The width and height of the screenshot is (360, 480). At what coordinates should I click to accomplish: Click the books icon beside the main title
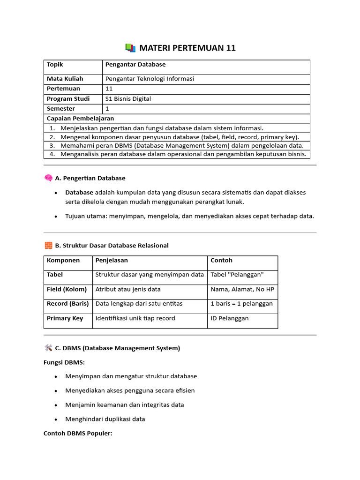click(x=130, y=48)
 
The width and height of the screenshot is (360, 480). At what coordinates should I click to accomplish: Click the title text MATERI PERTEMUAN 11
click(x=187, y=48)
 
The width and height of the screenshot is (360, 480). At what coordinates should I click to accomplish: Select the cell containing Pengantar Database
click(x=135, y=65)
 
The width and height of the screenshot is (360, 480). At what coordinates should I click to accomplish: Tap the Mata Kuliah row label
click(x=65, y=79)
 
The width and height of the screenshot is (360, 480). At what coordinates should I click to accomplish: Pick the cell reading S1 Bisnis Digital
click(x=128, y=99)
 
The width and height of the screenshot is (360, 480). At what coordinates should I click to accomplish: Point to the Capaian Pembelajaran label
click(x=80, y=119)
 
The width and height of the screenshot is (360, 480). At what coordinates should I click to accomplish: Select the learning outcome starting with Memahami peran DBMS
click(x=182, y=146)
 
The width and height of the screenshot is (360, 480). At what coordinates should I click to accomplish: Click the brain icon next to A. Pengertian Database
click(x=48, y=178)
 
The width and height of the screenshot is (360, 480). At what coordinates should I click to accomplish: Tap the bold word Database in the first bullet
click(x=79, y=192)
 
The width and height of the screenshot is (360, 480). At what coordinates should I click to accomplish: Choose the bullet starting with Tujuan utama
click(x=189, y=216)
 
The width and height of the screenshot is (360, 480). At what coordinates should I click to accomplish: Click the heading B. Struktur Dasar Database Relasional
click(x=112, y=245)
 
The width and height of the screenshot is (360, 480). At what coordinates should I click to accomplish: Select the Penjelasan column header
click(x=112, y=261)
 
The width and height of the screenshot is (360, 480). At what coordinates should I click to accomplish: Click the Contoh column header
click(x=221, y=261)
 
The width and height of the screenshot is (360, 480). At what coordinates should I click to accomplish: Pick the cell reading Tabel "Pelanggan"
click(x=237, y=275)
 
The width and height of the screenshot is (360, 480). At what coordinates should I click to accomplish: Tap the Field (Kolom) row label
click(x=67, y=290)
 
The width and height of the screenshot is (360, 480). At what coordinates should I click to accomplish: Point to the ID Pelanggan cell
click(x=230, y=319)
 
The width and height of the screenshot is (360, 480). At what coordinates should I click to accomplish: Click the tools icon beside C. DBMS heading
click(x=48, y=348)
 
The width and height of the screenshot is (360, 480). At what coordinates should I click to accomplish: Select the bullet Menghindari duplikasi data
click(x=105, y=419)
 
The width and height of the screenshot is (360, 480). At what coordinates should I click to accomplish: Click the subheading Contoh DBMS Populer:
click(x=78, y=434)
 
